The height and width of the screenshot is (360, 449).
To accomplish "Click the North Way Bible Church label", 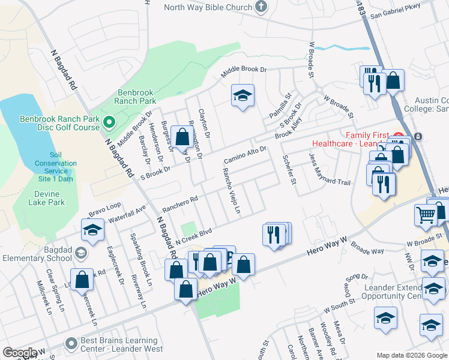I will click(x=208, y=7).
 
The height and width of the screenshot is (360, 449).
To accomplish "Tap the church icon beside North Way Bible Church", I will click(x=261, y=7).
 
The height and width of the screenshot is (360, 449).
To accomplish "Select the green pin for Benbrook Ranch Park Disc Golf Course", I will click(x=109, y=124).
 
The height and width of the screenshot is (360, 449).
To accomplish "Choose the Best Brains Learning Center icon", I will click(x=72, y=344).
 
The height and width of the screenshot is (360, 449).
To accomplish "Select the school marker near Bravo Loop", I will click(x=92, y=230).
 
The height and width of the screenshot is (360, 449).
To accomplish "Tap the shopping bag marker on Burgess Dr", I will click(x=182, y=136).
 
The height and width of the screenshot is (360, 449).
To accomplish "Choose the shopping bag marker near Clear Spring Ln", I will click(x=82, y=278).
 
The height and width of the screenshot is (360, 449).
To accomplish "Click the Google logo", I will click(x=20, y=353).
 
